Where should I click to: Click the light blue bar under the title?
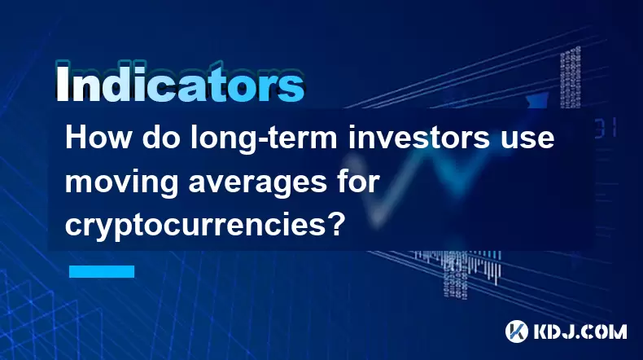tap(102, 271)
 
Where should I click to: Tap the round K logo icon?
tap(517, 331)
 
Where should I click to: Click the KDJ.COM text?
tap(580, 331)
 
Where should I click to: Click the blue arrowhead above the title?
tap(538, 101)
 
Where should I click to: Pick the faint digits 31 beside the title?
tap(606, 128)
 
